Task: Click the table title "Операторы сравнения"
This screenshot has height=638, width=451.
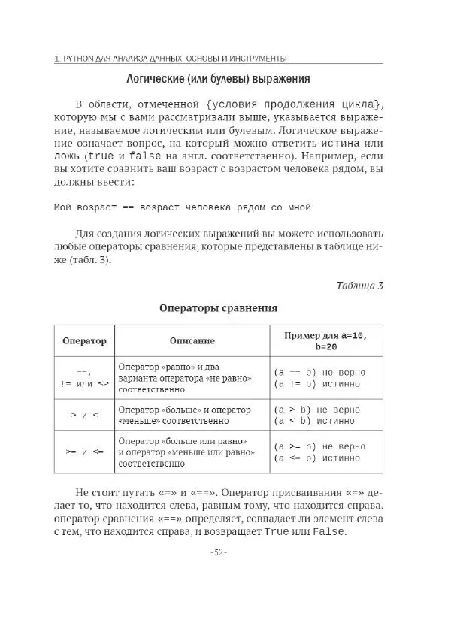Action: click(x=218, y=307)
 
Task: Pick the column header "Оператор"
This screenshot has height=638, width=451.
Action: click(x=83, y=340)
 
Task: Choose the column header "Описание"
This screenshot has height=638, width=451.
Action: click(x=192, y=340)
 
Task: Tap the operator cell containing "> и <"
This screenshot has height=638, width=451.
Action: click(x=83, y=415)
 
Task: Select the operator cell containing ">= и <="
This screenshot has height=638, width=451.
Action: click(x=83, y=452)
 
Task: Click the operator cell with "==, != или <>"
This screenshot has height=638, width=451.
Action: click(x=83, y=377)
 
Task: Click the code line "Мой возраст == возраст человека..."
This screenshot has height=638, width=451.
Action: click(x=182, y=207)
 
